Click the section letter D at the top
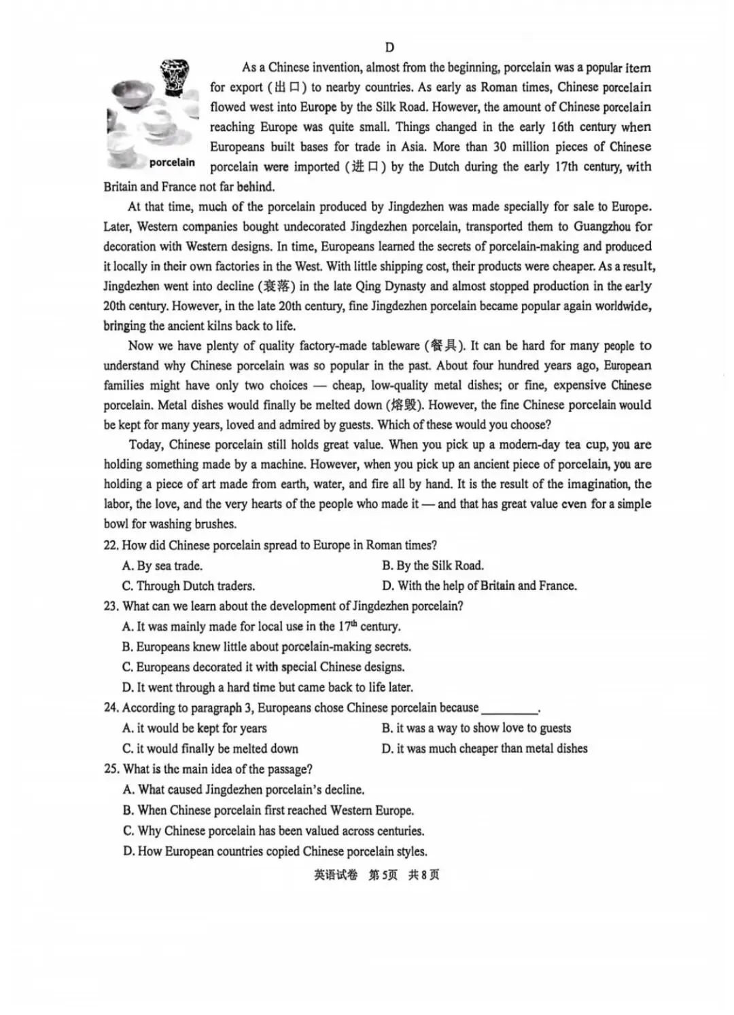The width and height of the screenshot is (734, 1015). [389, 47]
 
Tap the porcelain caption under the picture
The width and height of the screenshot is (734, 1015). [172, 162]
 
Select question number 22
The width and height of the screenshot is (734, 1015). [111, 545]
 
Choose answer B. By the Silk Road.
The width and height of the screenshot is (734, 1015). [432, 566]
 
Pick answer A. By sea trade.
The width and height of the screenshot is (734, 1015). [162, 566]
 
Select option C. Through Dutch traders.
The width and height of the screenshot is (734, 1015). [188, 586]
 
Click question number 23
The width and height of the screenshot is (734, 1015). [111, 606]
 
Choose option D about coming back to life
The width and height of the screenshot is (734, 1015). [267, 687]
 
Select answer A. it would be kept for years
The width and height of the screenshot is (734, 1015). [194, 728]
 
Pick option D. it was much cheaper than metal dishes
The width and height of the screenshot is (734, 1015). [484, 749]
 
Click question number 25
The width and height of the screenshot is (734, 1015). [111, 769]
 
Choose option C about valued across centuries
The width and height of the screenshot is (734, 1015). [273, 831]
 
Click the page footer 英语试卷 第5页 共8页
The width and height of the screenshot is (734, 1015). [377, 875]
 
